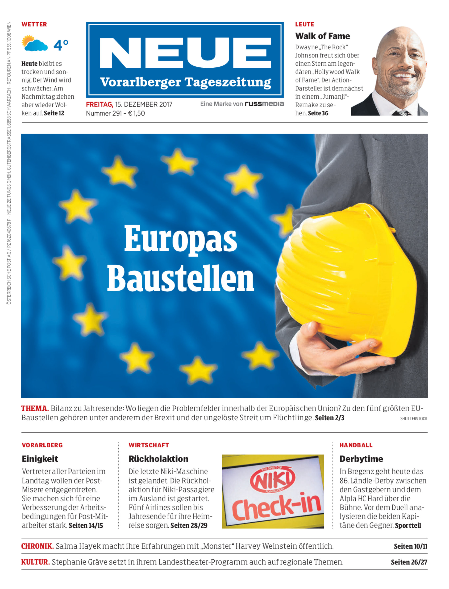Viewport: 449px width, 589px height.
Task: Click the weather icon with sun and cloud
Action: (x=34, y=43)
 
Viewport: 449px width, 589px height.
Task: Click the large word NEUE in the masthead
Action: (x=185, y=53)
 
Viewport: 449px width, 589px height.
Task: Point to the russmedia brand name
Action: (x=264, y=104)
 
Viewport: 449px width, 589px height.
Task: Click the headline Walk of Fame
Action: (x=322, y=36)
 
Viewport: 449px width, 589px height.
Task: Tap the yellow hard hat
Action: (x=345, y=280)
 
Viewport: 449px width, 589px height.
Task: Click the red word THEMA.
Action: (x=35, y=408)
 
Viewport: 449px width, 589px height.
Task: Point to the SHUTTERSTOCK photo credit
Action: (x=413, y=418)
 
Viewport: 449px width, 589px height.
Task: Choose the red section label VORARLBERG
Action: (x=42, y=445)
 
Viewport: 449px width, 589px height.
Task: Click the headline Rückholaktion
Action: (x=158, y=459)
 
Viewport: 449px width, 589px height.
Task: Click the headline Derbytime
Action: (x=361, y=459)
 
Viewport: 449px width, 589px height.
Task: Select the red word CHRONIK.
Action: (x=37, y=546)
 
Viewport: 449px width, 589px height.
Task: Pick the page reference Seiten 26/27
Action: (x=409, y=562)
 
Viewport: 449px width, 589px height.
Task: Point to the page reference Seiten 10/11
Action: (x=411, y=546)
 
